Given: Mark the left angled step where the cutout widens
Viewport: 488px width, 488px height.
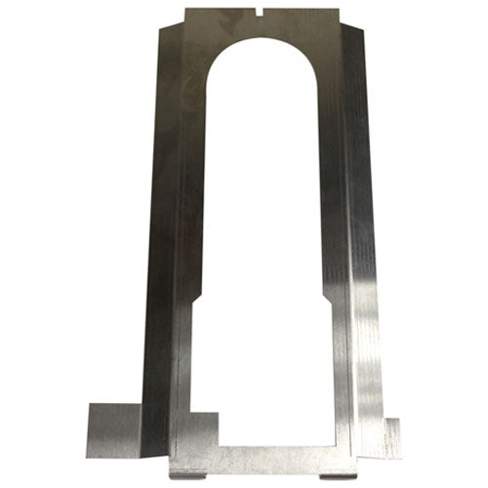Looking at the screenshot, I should [x=195, y=305].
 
